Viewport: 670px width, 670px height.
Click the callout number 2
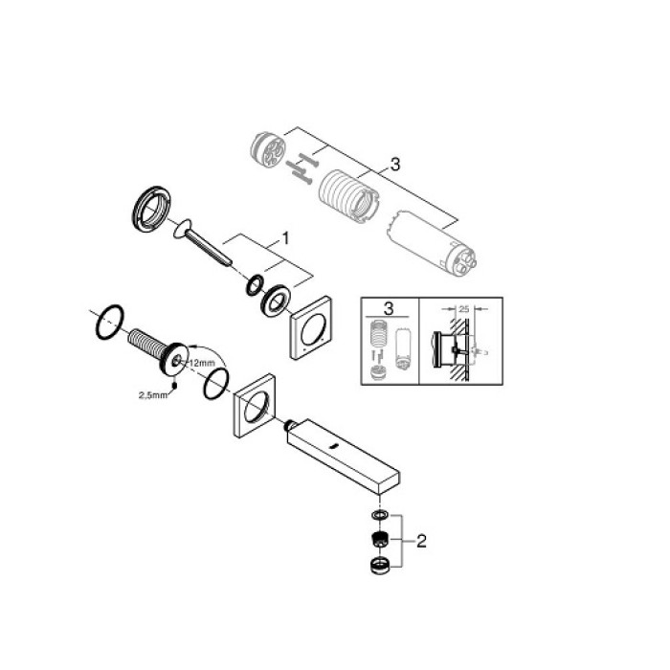tap(422, 541)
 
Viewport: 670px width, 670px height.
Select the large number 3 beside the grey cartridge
tap(394, 165)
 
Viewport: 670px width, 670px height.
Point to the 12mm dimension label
tap(201, 363)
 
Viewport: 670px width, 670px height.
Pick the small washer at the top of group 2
tap(380, 516)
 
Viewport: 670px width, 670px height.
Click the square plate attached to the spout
tap(255, 410)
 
